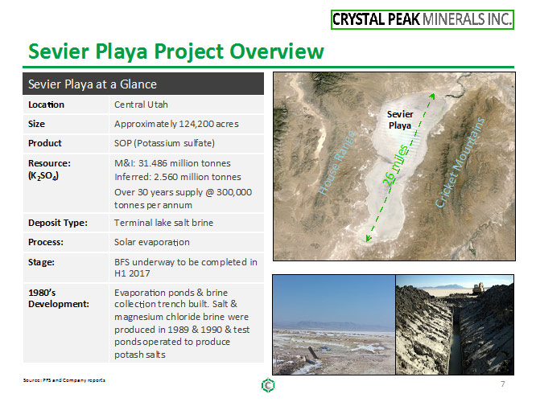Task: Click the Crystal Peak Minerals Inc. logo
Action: coord(423,19)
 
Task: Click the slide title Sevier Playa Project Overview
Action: coord(176,51)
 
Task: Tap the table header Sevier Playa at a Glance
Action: coord(93,84)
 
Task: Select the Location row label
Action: coord(46,105)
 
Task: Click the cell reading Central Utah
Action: coord(141,105)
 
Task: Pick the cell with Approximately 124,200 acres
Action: coord(176,124)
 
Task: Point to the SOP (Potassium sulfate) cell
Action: coord(164,143)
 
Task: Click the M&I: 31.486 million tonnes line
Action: coord(172,163)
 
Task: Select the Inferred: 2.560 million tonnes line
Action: coord(177,177)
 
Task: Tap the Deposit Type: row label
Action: coord(58,223)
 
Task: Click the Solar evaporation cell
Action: coord(152,242)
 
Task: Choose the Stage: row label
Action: coord(41,262)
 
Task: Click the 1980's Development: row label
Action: coord(59,298)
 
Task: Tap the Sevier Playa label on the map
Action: coord(400,120)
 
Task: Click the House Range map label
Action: coord(337,163)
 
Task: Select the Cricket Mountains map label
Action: coord(460,162)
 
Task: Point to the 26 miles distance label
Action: coord(395,166)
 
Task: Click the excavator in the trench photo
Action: coord(479,289)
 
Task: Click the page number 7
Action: coord(502,384)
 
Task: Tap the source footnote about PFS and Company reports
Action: coord(64,380)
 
